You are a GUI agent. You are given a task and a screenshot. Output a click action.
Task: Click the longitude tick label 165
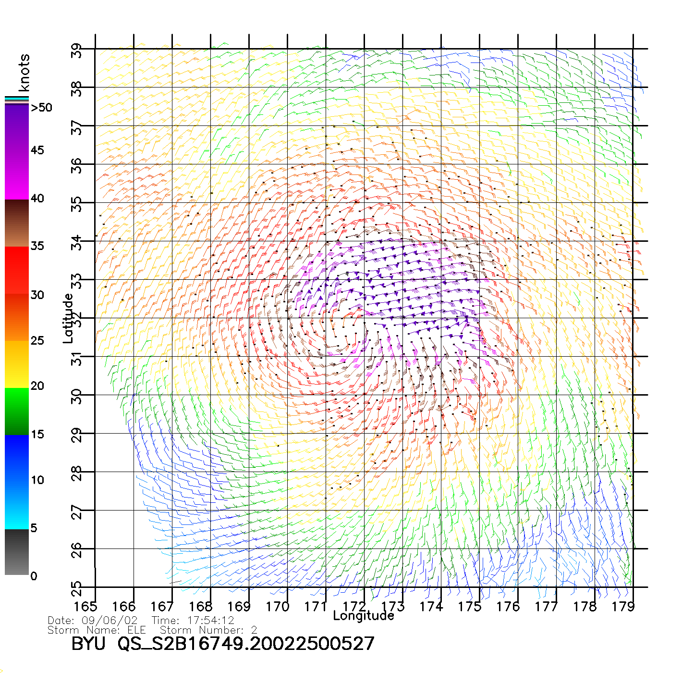click(x=85, y=606)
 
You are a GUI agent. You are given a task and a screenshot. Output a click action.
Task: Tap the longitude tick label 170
click(x=278, y=606)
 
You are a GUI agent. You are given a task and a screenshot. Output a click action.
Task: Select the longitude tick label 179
click(x=623, y=606)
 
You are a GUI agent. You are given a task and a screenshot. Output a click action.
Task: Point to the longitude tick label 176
click(x=508, y=606)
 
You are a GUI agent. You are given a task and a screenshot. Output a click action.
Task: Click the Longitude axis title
click(x=364, y=616)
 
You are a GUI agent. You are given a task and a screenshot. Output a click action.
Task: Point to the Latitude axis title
click(x=69, y=318)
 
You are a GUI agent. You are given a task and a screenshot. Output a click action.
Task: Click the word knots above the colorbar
click(x=24, y=73)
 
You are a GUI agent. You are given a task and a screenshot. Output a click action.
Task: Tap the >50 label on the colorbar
click(x=42, y=108)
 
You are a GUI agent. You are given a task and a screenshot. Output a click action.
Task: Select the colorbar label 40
click(x=37, y=198)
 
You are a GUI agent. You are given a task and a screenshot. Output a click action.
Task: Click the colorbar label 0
click(x=34, y=576)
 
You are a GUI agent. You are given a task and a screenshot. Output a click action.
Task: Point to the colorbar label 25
click(x=37, y=341)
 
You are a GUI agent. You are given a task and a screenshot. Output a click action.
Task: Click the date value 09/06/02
click(x=110, y=621)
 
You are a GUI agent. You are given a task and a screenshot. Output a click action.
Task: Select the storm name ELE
click(x=137, y=630)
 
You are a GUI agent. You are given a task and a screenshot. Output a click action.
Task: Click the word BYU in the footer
click(x=88, y=643)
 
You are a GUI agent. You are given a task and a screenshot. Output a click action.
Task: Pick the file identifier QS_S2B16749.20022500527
click(x=246, y=644)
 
